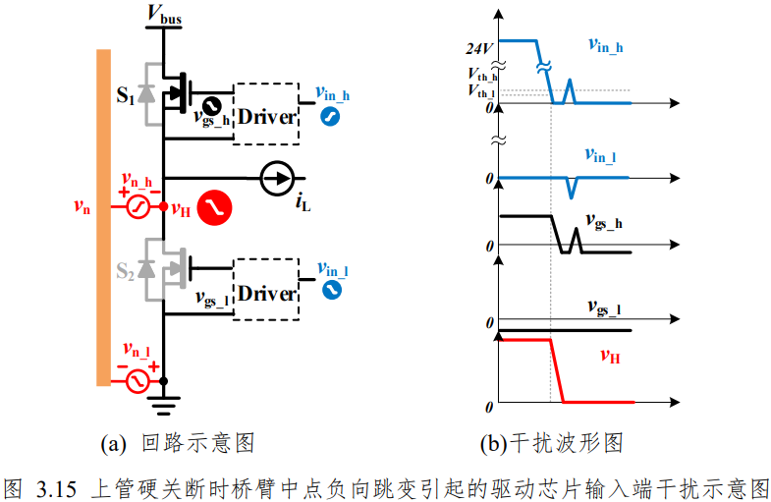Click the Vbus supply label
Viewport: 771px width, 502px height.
[x=165, y=14]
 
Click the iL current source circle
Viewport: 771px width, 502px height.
[x=277, y=178]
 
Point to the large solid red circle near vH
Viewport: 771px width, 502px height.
[x=214, y=207]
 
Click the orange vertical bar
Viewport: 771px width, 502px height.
[x=103, y=217]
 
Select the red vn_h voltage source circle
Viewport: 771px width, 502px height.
[x=138, y=206]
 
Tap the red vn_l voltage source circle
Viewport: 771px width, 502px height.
[x=138, y=381]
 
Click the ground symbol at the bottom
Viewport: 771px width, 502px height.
[x=164, y=406]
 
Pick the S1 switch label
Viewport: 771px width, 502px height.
[x=126, y=95]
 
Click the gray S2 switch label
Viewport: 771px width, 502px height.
[x=125, y=271]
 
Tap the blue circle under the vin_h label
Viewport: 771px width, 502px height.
[x=330, y=117]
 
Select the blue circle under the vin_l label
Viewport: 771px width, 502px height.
[x=332, y=289]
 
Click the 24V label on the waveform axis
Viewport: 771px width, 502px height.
[x=479, y=49]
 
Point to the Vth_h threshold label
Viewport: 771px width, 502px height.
[x=482, y=75]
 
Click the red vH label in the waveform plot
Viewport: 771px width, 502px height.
[x=610, y=356]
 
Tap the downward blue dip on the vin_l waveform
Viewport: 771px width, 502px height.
[x=571, y=197]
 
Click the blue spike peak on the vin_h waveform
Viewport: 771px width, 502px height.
[x=570, y=81]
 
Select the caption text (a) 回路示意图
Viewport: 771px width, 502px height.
[x=178, y=443]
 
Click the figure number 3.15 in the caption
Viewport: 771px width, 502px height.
[x=56, y=488]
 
